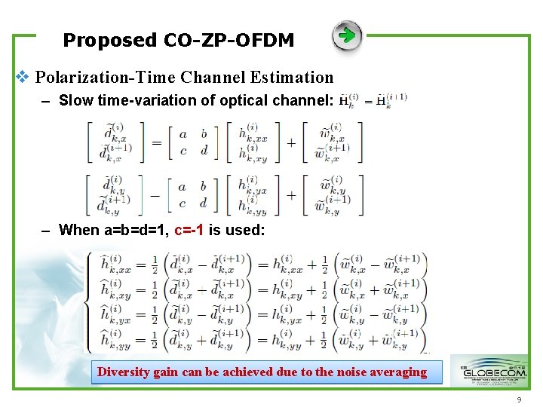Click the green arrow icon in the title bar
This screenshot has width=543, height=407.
point(347,35)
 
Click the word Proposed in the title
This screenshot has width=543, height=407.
point(110,40)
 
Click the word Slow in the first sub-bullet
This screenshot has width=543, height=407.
point(76,100)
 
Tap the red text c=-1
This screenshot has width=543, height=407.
point(189,230)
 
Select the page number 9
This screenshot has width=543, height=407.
point(519,400)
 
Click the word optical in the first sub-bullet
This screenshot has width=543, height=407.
point(241,100)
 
